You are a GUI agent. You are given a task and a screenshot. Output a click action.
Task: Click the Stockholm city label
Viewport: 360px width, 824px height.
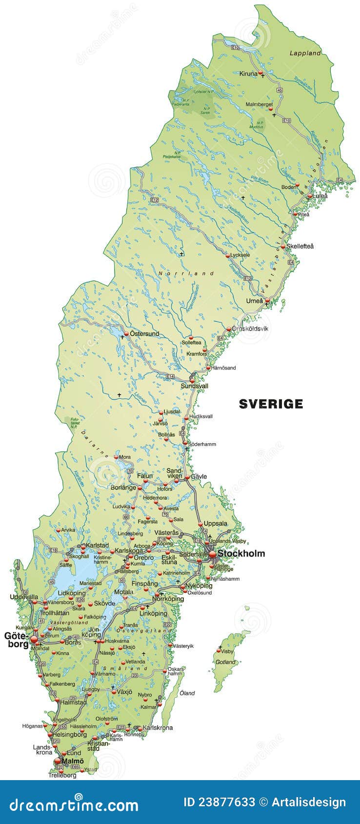pyautogui.click(x=241, y=553)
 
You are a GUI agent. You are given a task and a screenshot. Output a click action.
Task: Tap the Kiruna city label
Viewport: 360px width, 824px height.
pyautogui.click(x=248, y=74)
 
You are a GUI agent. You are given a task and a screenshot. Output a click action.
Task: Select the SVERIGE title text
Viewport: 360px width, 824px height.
pyautogui.click(x=271, y=404)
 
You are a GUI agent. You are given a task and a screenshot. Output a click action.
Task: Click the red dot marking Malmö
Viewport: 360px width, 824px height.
pyautogui.click(x=58, y=761)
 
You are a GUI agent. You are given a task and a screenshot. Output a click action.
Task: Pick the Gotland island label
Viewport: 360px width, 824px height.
pyautogui.click(x=225, y=662)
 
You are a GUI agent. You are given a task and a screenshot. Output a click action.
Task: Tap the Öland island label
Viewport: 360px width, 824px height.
pyautogui.click(x=187, y=693)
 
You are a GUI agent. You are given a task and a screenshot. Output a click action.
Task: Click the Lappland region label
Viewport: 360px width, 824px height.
pyautogui.click(x=305, y=53)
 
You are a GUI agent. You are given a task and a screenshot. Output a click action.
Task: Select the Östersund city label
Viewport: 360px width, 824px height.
pyautogui.click(x=144, y=334)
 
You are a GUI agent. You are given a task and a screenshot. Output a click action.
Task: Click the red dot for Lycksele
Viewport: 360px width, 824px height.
pyautogui.click(x=228, y=255)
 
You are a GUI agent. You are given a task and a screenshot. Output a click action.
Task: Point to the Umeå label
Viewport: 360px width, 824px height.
pyautogui.click(x=254, y=301)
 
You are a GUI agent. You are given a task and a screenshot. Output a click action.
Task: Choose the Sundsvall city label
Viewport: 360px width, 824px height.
pyautogui.click(x=195, y=386)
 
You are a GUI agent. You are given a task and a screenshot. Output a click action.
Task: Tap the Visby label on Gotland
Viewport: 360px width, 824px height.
pyautogui.click(x=227, y=651)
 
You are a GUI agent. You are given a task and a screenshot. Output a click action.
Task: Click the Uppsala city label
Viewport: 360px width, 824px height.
pyautogui.click(x=215, y=523)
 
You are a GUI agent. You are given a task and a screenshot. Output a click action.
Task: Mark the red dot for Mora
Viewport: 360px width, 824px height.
pyautogui.click(x=116, y=457)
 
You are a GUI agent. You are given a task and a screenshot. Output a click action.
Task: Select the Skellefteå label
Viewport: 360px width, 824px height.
pyautogui.click(x=300, y=246)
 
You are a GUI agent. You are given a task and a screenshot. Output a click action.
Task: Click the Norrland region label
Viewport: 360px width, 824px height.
pyautogui.click(x=186, y=274)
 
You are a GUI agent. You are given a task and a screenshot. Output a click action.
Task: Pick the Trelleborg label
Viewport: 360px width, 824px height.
pyautogui.click(x=62, y=775)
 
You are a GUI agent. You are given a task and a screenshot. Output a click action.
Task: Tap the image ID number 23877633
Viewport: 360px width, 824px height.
pyautogui.click(x=219, y=803)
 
